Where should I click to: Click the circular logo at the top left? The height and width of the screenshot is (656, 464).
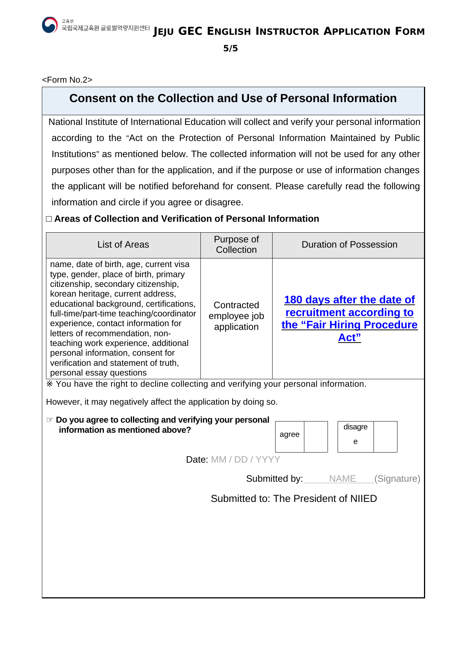50,25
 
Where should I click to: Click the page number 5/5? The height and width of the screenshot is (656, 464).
230,49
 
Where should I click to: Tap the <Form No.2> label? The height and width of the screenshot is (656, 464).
67,80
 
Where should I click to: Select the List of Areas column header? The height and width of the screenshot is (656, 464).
123,245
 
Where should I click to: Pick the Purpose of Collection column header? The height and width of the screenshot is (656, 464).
236,245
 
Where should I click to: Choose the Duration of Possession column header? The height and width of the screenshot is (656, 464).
349,245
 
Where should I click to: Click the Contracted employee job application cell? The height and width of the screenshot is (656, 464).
236,316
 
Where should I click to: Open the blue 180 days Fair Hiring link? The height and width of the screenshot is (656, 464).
349,318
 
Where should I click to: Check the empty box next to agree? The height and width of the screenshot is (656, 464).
316,436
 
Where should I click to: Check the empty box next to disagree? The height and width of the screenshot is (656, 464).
385,436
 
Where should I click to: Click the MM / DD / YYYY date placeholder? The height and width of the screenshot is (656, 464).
246,460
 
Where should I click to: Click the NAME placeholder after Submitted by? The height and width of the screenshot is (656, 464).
342,479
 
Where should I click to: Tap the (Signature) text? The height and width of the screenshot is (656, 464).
397,479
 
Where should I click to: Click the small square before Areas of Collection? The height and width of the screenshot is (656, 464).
49,219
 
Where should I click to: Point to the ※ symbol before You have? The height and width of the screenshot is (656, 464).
49,384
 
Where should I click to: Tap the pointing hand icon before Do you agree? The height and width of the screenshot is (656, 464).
50,420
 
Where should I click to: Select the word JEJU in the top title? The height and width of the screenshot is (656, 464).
163,32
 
